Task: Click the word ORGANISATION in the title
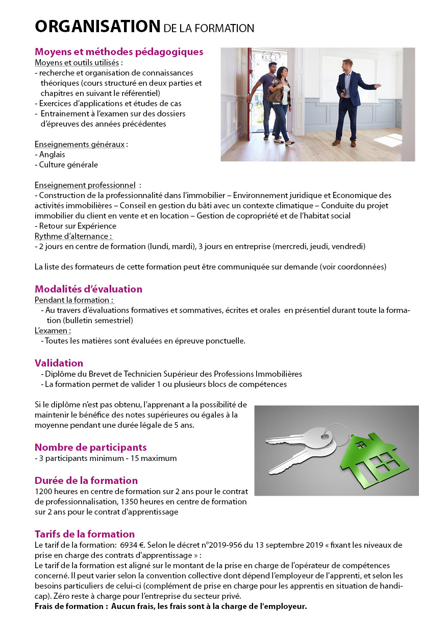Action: (x=97, y=26)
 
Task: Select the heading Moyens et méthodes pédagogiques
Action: (x=119, y=52)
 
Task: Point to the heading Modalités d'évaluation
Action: (x=88, y=289)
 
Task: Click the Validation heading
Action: (x=59, y=363)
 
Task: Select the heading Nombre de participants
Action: (x=90, y=447)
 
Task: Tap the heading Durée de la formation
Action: (x=86, y=480)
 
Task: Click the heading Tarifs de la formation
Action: (x=84, y=534)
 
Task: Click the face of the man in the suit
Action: (x=348, y=65)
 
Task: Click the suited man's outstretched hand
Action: (x=377, y=86)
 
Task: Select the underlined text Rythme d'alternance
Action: (x=73, y=236)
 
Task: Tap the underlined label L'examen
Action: (x=52, y=330)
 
